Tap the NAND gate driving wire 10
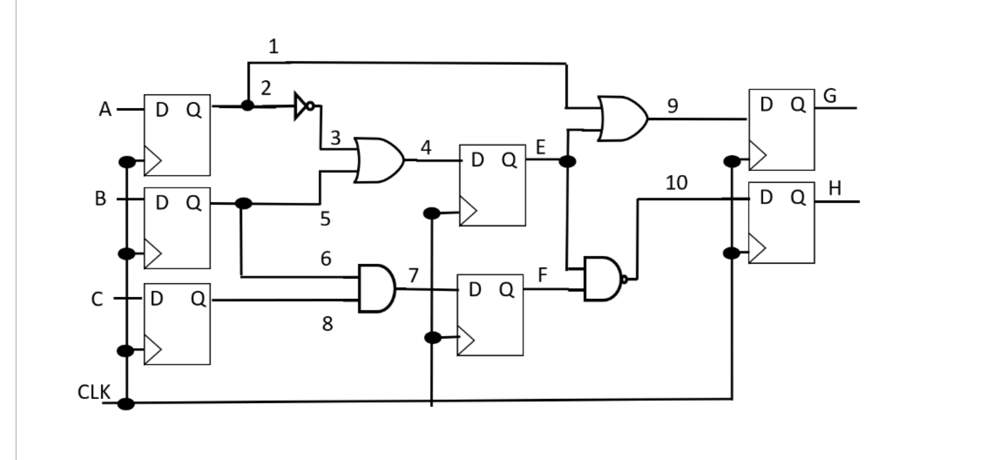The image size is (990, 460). coord(603,279)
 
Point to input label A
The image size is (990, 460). coord(105,109)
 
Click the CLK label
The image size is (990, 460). coord(94,392)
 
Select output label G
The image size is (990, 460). coord(830,96)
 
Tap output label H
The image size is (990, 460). coord(835,188)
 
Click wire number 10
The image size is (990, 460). coord(676,183)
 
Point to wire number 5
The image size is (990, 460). coord(325,218)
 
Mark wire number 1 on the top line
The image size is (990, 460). coord(273,47)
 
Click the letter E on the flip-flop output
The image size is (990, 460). coord(540,147)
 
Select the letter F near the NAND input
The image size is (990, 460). coord(542,275)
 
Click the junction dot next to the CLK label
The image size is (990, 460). coord(126,404)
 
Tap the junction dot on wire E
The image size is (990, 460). coord(567,161)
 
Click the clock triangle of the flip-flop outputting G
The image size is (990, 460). coord(758,155)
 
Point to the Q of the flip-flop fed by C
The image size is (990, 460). coord(198,299)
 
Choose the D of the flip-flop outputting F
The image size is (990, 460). coord(475,289)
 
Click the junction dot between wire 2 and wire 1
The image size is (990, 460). coord(247,105)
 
